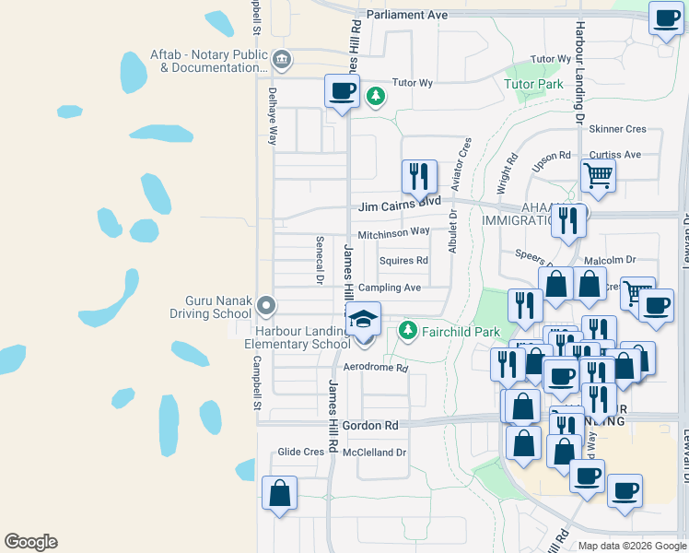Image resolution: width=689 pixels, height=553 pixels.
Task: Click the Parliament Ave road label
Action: [406, 16]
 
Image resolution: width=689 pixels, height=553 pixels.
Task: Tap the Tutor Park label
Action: [533, 85]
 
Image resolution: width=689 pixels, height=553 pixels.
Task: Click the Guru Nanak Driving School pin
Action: [267, 304]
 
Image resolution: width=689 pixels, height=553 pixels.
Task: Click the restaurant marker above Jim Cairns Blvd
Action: [419, 177]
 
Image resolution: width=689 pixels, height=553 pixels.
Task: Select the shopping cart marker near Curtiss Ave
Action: [599, 175]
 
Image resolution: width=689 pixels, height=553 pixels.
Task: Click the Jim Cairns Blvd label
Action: [399, 202]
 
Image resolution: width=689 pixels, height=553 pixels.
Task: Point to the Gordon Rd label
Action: [370, 426]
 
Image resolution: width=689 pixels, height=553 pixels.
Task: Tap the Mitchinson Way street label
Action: [394, 233]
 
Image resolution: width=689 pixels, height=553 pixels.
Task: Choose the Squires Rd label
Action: [403, 261]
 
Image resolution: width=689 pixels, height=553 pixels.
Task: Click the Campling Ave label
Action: [390, 288]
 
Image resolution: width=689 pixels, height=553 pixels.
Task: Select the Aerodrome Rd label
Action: [375, 368]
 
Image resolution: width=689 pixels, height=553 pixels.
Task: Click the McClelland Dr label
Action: [374, 453]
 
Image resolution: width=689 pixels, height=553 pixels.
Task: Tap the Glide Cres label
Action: [301, 453]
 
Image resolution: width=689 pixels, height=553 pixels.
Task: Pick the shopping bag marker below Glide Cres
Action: [279, 492]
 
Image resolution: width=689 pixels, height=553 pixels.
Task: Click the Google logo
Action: [30, 542]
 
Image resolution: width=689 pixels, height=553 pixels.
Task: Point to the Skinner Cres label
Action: [617, 130]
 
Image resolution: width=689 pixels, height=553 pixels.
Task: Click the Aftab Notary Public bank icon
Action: [282, 61]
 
